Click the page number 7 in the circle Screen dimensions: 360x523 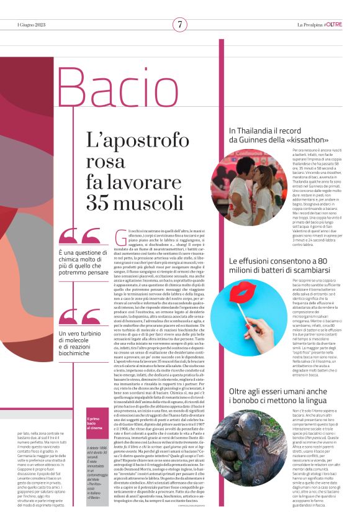point(180,24)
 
